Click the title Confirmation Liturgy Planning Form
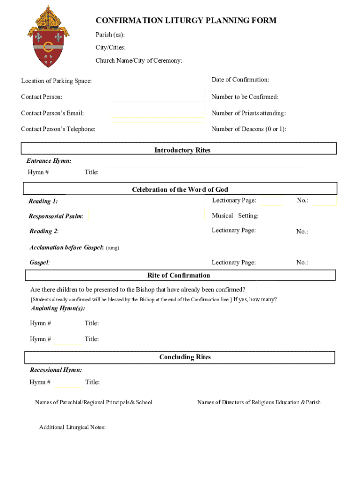(x=186, y=21)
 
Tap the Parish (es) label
(x=110, y=35)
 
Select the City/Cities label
(x=111, y=48)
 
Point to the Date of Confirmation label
(x=240, y=80)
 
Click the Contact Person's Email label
(x=52, y=113)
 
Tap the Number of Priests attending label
(x=249, y=113)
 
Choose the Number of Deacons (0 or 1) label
(x=249, y=129)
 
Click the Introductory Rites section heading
(x=182, y=150)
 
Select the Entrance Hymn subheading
(x=49, y=161)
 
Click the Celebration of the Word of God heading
(x=180, y=189)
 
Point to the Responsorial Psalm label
(x=56, y=216)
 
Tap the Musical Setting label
(x=235, y=216)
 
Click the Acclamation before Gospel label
(x=66, y=247)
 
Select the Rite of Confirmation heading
(x=179, y=276)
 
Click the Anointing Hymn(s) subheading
(x=58, y=308)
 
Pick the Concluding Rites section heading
(x=185, y=357)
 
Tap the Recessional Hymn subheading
(x=56, y=370)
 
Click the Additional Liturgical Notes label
(x=72, y=427)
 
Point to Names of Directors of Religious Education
(x=259, y=402)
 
